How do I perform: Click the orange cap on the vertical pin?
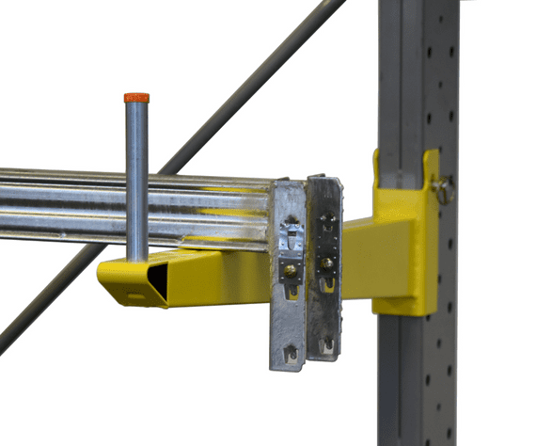[136, 97]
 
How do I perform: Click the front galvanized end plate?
[288, 273]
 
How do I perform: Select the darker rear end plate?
[325, 263]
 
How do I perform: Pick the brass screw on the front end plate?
[292, 272]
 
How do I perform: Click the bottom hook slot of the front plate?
[290, 355]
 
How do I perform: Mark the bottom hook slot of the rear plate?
[326, 346]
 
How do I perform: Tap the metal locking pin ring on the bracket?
[446, 192]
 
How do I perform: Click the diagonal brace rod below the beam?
[47, 301]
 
